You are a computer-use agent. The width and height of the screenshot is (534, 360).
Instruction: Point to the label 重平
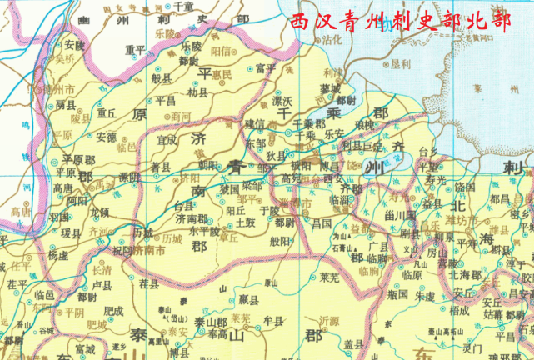(x=135, y=50)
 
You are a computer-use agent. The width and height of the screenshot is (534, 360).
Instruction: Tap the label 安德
(x=106, y=136)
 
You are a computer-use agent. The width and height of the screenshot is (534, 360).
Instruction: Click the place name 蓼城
(x=330, y=87)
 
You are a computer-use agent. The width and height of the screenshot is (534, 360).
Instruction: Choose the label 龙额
(x=99, y=212)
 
